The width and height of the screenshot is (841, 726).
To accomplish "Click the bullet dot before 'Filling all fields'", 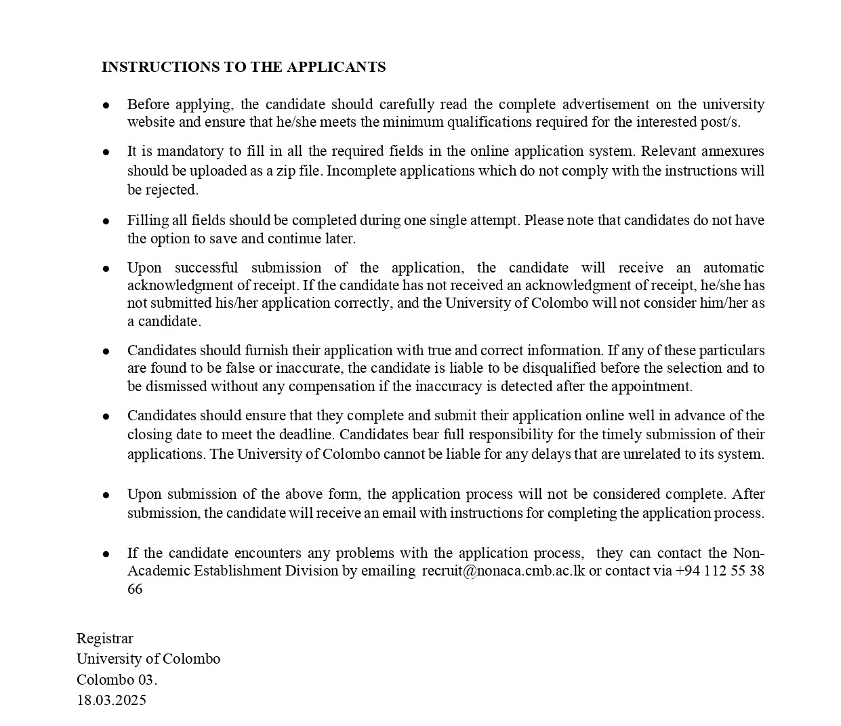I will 106,221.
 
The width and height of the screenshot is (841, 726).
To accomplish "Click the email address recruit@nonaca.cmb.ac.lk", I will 503,571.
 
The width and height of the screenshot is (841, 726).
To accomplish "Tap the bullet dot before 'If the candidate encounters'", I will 106,554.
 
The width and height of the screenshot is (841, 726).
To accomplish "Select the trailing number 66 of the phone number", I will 135,588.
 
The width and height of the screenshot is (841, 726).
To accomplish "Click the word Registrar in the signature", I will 105,639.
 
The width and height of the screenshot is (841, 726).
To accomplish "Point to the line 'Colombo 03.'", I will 117,680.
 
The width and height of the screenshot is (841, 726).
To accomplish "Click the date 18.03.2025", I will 111,700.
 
